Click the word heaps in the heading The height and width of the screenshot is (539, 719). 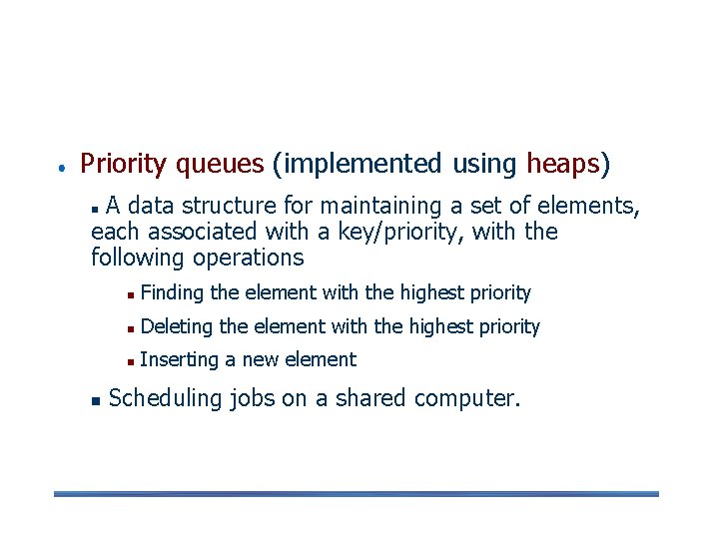[x=563, y=163]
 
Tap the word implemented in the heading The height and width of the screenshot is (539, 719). [x=359, y=163]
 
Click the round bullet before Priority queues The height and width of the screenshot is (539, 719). [x=61, y=166]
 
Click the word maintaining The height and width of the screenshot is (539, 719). [x=386, y=206]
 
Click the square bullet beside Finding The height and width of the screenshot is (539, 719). [x=131, y=294]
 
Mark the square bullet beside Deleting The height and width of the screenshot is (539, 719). [x=131, y=328]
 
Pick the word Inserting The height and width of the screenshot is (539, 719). [x=180, y=359]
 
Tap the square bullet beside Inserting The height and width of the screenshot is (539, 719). [x=131, y=361]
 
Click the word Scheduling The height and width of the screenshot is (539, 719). [x=165, y=398]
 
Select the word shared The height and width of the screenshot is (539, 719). [x=371, y=398]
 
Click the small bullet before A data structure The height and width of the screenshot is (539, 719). [x=95, y=209]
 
